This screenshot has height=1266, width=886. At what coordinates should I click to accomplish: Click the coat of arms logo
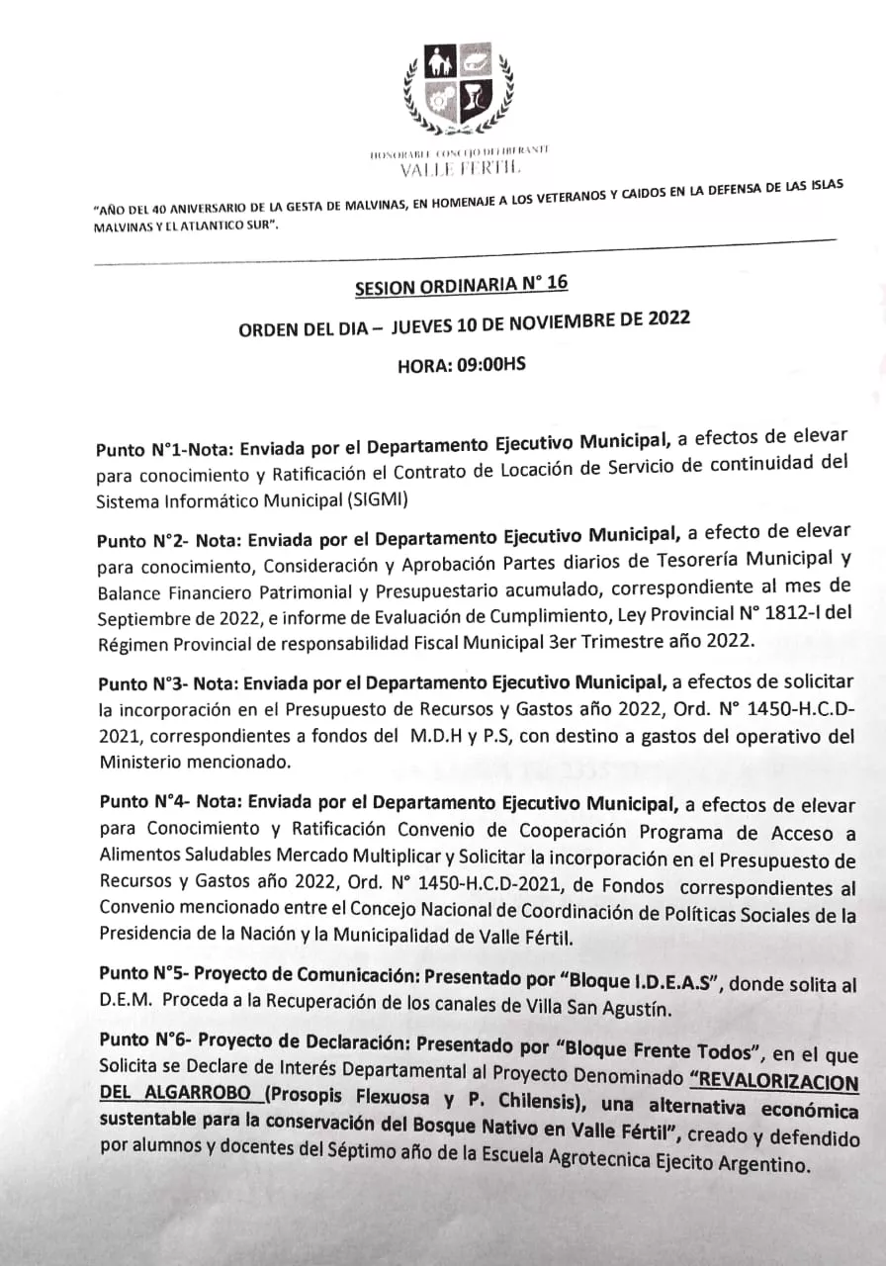click(460, 89)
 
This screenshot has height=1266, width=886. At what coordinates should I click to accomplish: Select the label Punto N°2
click(139, 542)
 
